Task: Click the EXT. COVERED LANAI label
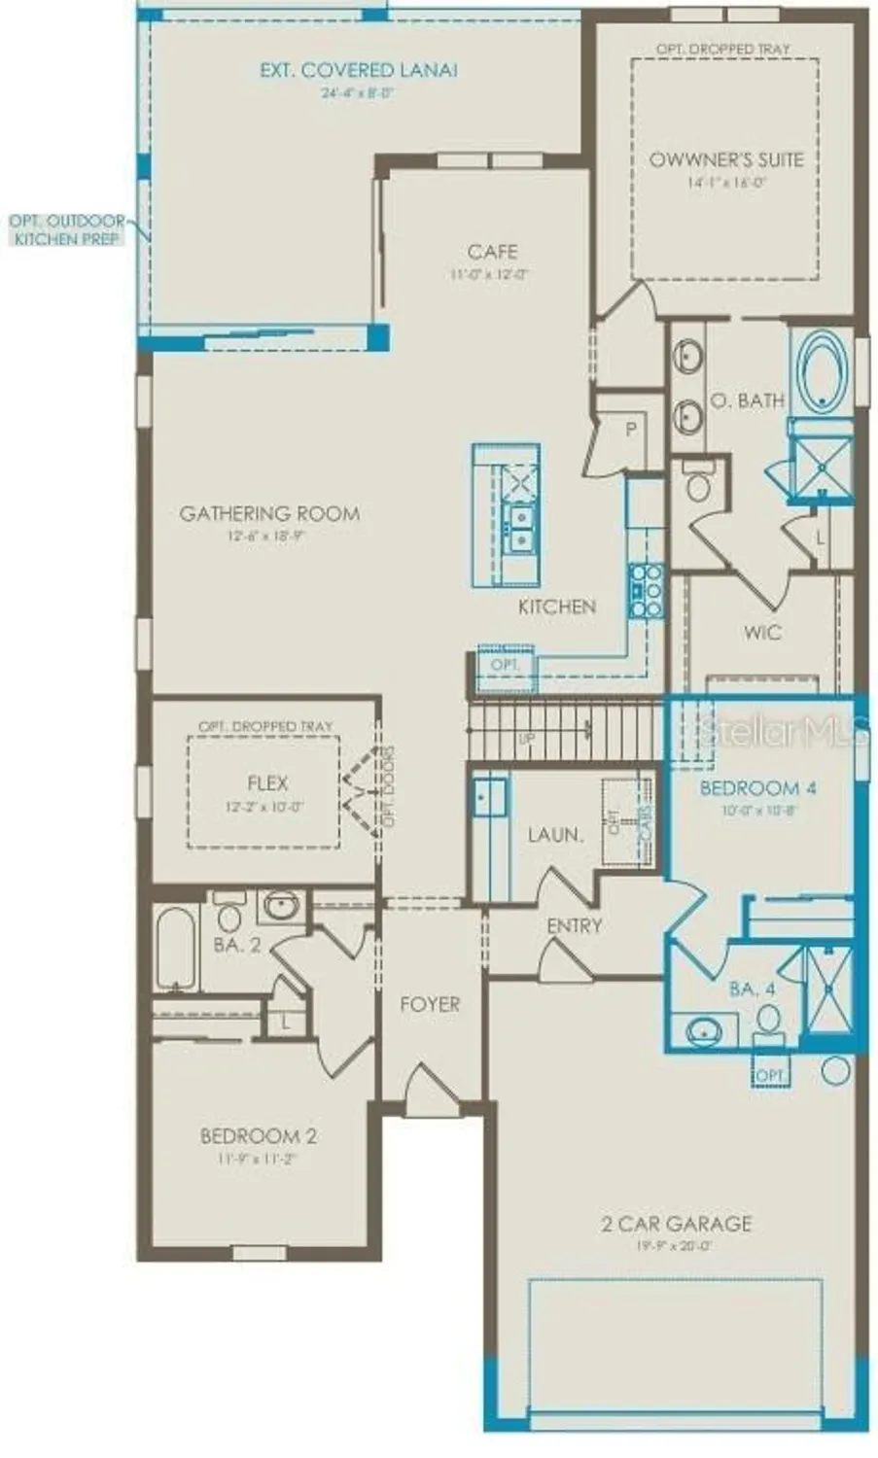(x=359, y=70)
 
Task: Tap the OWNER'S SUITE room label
(x=726, y=159)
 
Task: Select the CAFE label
(x=492, y=252)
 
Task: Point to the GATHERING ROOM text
(x=269, y=513)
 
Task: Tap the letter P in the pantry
(x=631, y=429)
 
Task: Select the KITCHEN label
(x=556, y=607)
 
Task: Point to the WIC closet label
(x=762, y=633)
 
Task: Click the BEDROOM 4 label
(x=757, y=788)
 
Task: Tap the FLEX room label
(x=266, y=782)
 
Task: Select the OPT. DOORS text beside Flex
(x=388, y=788)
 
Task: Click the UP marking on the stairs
(x=527, y=739)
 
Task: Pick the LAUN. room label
(x=555, y=834)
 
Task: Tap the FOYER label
(x=430, y=1004)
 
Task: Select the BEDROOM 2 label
(x=259, y=1135)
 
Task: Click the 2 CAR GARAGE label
(x=676, y=1223)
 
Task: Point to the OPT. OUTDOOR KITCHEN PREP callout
(x=67, y=229)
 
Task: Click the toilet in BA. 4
(x=769, y=1020)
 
